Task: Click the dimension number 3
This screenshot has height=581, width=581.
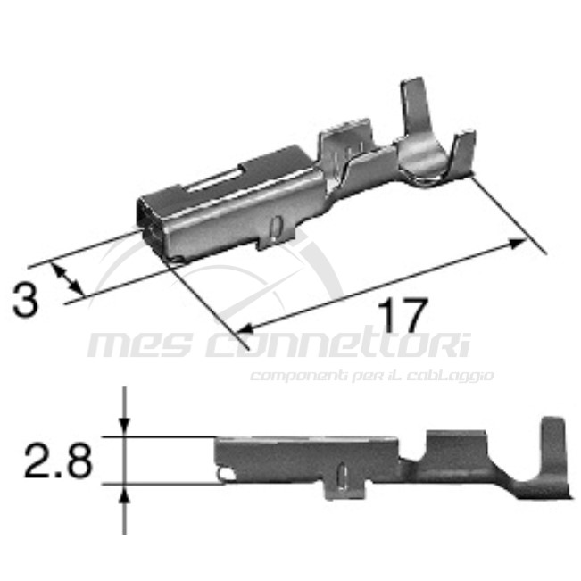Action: [27, 300]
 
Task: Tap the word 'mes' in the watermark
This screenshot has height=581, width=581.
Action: [143, 344]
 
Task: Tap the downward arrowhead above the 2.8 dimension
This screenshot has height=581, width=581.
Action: [125, 428]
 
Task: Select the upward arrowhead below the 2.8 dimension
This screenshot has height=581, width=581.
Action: [125, 494]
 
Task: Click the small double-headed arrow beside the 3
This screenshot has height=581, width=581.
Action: [71, 280]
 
